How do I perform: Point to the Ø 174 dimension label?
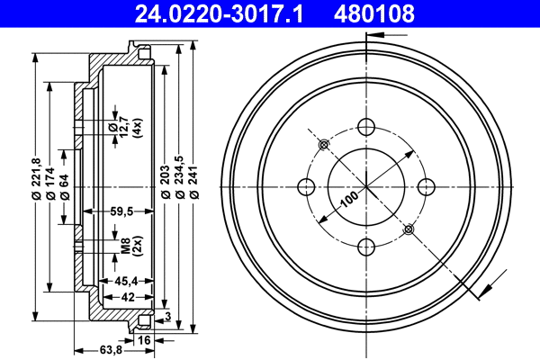tap(50, 185)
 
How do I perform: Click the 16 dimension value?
tap(144, 339)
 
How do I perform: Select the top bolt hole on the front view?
tap(365, 127)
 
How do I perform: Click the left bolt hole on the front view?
tap(306, 186)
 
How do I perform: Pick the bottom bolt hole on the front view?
tap(365, 246)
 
